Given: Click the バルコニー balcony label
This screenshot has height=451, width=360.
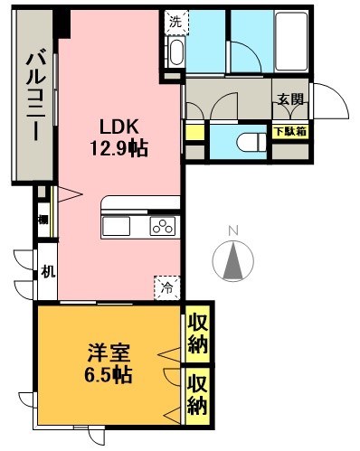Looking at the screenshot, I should coord(33,94).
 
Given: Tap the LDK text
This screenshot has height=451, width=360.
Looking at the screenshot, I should coord(118,127).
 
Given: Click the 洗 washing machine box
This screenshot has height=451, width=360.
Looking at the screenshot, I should coord(175,18).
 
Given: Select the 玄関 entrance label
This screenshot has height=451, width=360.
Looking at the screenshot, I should coord(290,99).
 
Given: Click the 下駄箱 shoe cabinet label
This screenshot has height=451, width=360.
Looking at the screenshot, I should coord(289,130).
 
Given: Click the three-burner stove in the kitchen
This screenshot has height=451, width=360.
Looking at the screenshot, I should coord(161,227).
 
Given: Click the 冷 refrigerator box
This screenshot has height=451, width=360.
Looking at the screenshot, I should coord(168,287).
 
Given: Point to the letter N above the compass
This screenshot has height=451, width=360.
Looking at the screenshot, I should coord(232,230).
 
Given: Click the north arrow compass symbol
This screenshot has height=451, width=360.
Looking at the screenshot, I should coord(232,261).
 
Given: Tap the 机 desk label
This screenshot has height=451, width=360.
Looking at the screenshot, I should coord(46,269).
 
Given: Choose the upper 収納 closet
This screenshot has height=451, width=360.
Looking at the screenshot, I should coord(198,334).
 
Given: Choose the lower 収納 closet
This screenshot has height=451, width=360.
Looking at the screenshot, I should coord(198,395).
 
